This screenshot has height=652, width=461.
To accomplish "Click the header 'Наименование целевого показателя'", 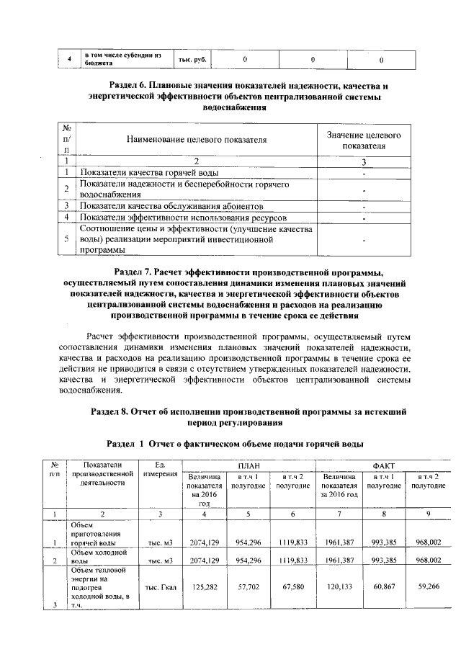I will (x=196, y=140).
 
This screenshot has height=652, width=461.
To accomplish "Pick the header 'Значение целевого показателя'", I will (x=364, y=140).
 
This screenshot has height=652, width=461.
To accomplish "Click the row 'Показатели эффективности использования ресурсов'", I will (x=183, y=217).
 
